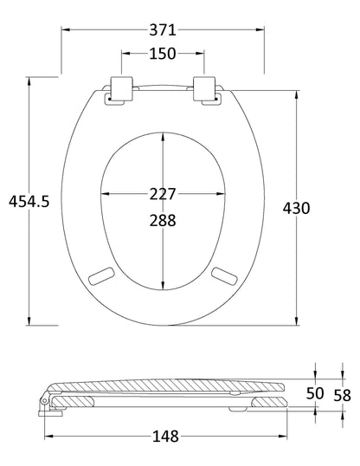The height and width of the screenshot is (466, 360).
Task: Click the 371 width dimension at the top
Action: click(x=163, y=29)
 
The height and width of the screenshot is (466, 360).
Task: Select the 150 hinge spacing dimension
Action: click(x=163, y=54)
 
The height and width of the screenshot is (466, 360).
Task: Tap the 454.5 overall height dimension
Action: click(x=29, y=201)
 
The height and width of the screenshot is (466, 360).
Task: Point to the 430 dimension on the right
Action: click(x=296, y=208)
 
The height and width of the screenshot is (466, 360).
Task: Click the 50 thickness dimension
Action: click(x=315, y=394)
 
